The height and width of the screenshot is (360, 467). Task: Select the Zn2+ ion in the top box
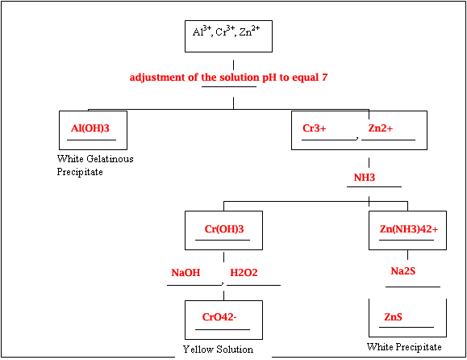click(249, 31)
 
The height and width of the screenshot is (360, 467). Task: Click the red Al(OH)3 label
click(90, 128)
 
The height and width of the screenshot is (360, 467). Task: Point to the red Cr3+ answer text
click(315, 128)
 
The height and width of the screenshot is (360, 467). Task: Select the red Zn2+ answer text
click(381, 128)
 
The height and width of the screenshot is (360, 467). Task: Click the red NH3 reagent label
click(365, 178)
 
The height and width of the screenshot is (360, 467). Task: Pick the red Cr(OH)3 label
click(224, 229)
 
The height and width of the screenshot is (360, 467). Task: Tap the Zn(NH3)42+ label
click(409, 229)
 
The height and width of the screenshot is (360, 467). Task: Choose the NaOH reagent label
click(186, 273)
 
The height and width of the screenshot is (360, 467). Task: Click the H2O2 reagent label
click(244, 273)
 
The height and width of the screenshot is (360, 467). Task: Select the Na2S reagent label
click(403, 271)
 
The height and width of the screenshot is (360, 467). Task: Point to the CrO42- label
click(219, 317)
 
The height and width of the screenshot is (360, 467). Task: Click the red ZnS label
click(393, 316)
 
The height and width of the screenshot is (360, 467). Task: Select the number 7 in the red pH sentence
click(324, 77)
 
